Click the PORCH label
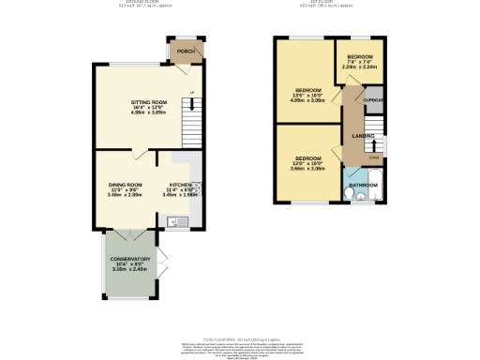point(186,52)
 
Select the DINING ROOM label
point(124,185)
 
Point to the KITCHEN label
point(181,185)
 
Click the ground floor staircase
point(192,122)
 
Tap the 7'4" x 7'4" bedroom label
point(358,57)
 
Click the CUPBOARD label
point(375,99)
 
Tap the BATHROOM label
point(365,186)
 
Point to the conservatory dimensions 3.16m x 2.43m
point(130,270)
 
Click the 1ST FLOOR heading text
point(334,4)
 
